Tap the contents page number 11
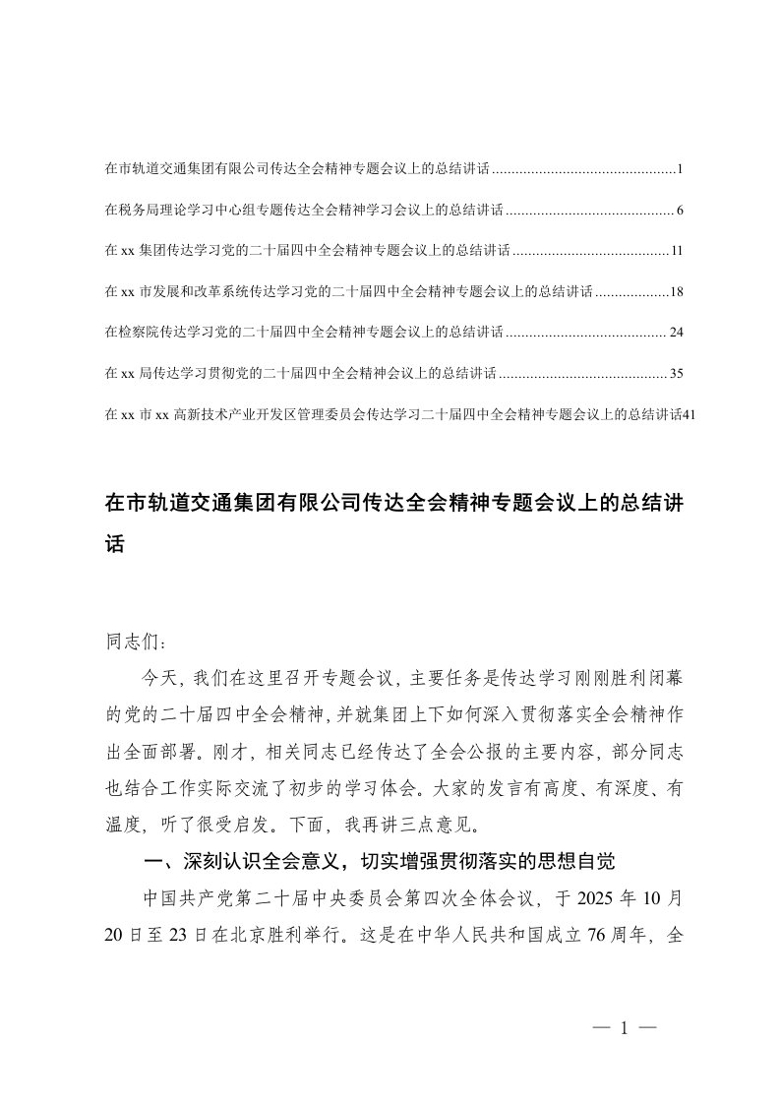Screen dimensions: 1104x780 (x=677, y=252)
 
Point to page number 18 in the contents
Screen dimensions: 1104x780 (x=676, y=292)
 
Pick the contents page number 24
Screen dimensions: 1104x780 (x=676, y=333)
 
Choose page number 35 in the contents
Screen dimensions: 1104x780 (x=676, y=374)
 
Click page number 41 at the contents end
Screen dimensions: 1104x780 (x=689, y=414)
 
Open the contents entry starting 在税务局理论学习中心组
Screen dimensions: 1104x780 (x=304, y=211)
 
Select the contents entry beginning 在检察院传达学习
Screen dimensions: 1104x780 (x=304, y=333)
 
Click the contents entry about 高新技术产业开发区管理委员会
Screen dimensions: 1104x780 (x=393, y=414)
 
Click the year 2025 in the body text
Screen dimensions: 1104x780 (x=589, y=898)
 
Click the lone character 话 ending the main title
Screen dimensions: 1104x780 (x=115, y=541)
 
